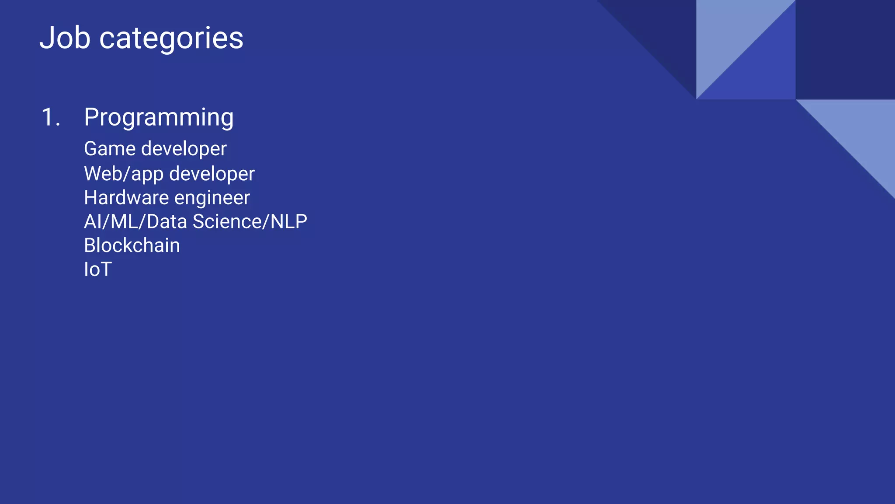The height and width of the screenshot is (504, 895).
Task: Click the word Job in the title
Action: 65,38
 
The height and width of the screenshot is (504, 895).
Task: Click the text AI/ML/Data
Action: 135,222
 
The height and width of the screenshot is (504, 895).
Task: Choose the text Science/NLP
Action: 250,222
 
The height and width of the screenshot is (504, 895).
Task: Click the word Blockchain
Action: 132,245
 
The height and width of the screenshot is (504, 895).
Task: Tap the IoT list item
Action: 98,269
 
